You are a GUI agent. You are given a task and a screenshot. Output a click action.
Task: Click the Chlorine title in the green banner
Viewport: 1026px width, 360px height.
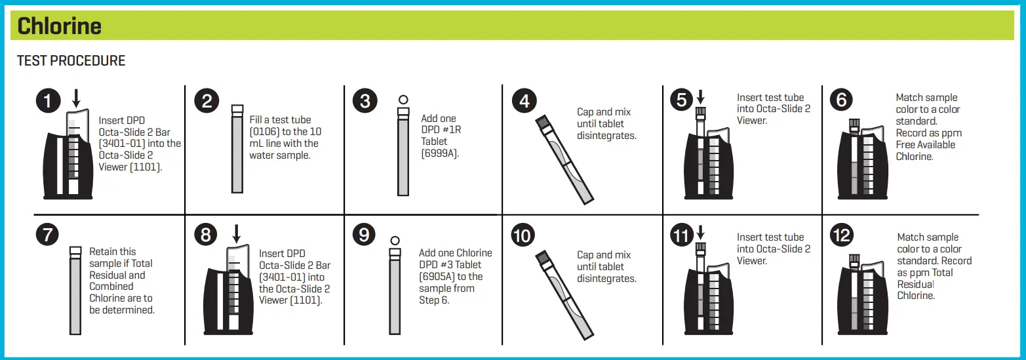coord(60,26)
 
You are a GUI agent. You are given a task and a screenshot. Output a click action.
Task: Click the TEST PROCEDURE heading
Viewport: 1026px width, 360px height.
coord(71,61)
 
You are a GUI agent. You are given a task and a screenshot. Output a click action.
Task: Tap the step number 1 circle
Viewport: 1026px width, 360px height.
coord(48,102)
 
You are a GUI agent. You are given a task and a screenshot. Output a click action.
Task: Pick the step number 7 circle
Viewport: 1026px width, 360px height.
coord(48,235)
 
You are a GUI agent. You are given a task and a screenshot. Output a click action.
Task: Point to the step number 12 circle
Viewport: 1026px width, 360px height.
coord(841,235)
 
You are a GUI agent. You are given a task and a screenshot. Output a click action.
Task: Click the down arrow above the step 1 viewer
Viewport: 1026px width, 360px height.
coord(76,99)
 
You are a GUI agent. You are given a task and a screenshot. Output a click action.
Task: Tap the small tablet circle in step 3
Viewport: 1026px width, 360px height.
coord(403,100)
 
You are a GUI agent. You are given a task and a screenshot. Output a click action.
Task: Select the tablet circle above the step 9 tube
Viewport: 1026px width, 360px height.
coord(395,241)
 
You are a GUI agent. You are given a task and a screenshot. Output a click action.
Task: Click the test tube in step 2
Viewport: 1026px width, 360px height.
coord(237,151)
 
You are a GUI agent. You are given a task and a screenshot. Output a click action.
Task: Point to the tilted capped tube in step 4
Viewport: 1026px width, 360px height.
coord(564,159)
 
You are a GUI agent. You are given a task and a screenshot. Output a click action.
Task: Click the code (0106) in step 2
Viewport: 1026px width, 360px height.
coord(264,132)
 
